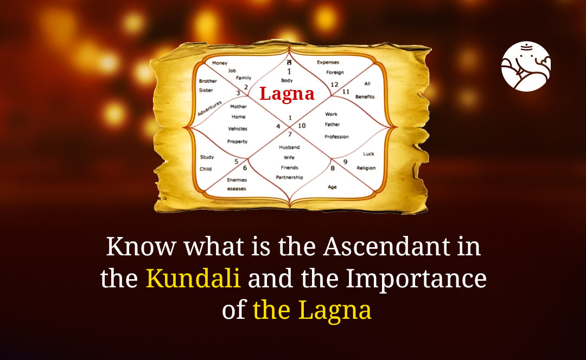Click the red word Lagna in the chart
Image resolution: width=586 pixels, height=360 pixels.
(287, 94)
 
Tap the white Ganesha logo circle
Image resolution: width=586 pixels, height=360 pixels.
(526, 66)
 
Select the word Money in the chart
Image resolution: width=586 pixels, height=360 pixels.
(220, 63)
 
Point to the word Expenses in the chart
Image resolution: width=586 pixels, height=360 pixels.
(328, 62)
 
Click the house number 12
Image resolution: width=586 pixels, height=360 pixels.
(334, 85)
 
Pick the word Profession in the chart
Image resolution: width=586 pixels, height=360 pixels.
(336, 137)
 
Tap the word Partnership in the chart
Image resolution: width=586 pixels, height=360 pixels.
(289, 177)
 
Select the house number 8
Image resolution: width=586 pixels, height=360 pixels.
(333, 169)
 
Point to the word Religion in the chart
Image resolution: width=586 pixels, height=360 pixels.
(366, 168)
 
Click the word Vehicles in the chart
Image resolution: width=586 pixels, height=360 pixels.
(238, 129)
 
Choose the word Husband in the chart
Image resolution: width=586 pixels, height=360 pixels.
(289, 147)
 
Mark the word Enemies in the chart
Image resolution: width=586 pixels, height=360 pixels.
(237, 180)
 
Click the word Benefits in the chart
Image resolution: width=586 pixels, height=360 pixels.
(365, 97)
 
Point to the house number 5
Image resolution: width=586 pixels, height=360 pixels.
(236, 162)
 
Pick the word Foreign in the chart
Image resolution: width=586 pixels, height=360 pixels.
(335, 73)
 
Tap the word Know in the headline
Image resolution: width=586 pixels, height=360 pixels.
(141, 247)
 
